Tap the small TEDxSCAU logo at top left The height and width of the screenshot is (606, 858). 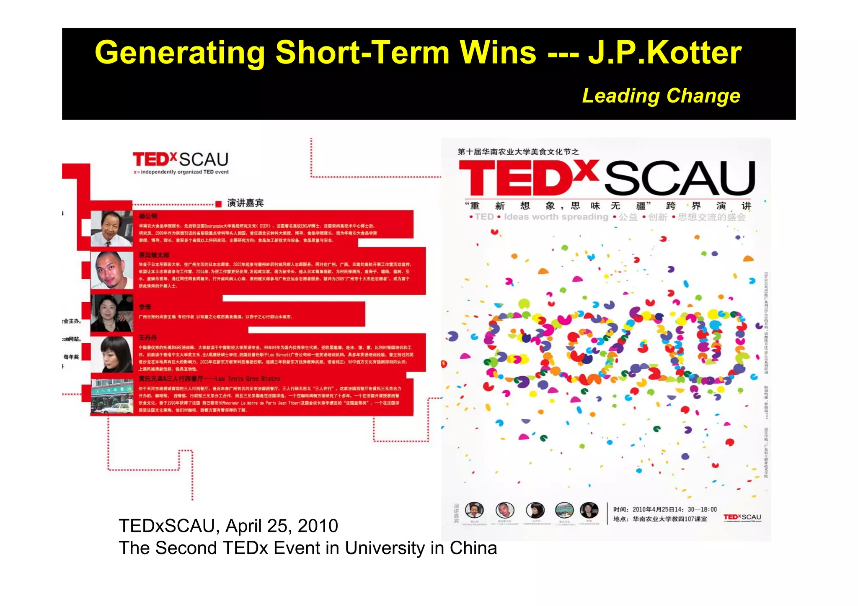pos(181,162)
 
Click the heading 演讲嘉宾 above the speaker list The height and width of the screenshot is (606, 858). pos(246,203)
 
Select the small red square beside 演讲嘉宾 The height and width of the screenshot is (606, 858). pos(218,204)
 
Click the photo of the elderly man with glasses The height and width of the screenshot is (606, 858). pos(111,228)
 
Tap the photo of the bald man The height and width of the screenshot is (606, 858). pos(111,270)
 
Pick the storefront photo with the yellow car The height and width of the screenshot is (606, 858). pos(112,395)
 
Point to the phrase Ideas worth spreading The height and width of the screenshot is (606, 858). pos(556,217)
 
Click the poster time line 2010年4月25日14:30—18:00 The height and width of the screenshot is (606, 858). pos(665,509)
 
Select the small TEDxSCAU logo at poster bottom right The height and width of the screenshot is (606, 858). pos(742,518)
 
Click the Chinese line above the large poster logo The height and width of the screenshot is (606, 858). pos(518,151)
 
